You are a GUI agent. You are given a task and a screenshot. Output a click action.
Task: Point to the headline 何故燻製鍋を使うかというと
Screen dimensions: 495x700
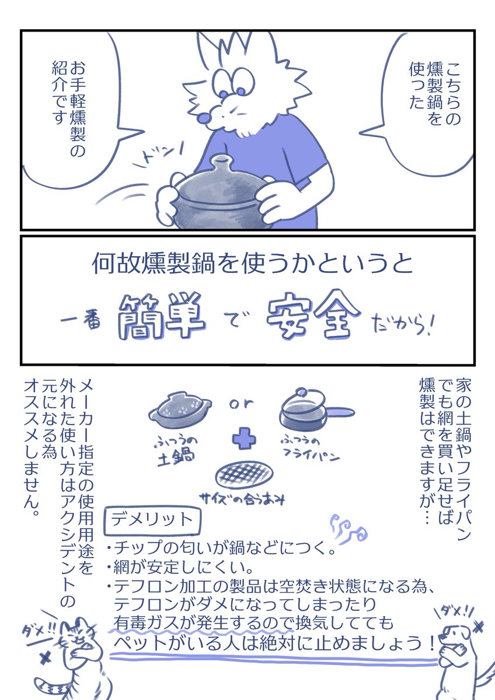point(252,265)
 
